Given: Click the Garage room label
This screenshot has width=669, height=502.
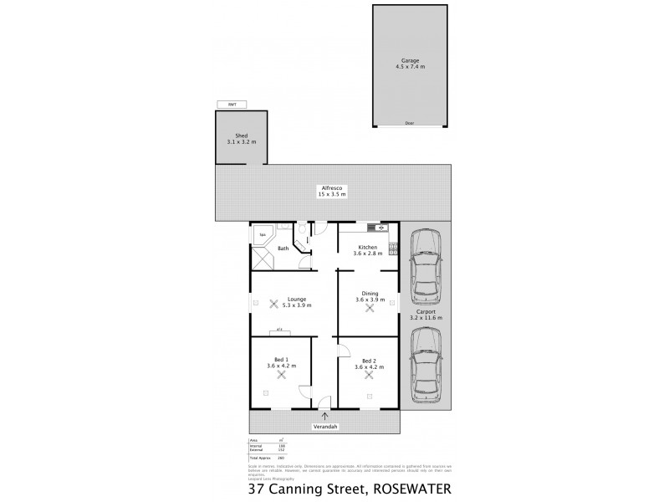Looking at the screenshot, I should click(x=409, y=61).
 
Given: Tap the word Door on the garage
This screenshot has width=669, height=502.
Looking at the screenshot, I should click(x=409, y=123).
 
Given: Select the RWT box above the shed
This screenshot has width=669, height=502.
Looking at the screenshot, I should click(x=232, y=105).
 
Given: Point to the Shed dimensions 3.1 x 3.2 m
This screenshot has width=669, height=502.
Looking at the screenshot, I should click(x=241, y=142).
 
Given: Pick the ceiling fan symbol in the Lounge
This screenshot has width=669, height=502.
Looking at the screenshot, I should click(x=273, y=305).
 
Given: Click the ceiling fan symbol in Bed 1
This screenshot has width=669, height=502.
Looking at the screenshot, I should click(x=282, y=376).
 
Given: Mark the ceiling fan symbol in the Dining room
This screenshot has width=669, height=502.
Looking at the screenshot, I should click(x=369, y=307).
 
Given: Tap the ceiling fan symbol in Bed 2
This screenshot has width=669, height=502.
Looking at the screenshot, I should click(x=369, y=376).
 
